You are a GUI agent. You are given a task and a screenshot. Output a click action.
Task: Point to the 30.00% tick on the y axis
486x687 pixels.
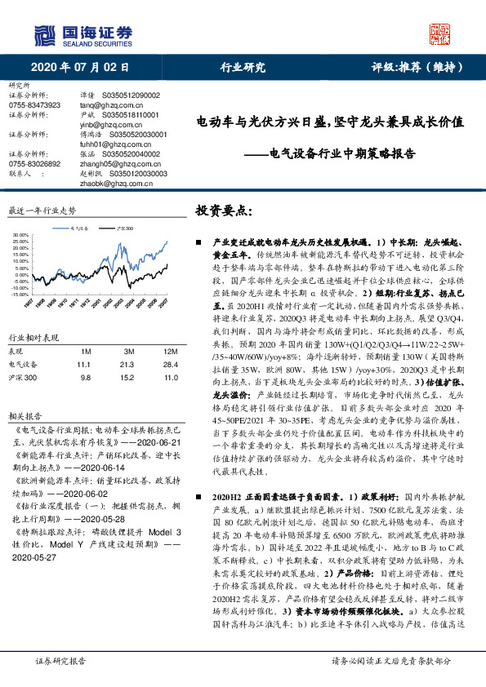click(x=22, y=235)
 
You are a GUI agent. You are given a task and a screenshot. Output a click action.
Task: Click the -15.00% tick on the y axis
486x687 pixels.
click(x=21, y=272)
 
